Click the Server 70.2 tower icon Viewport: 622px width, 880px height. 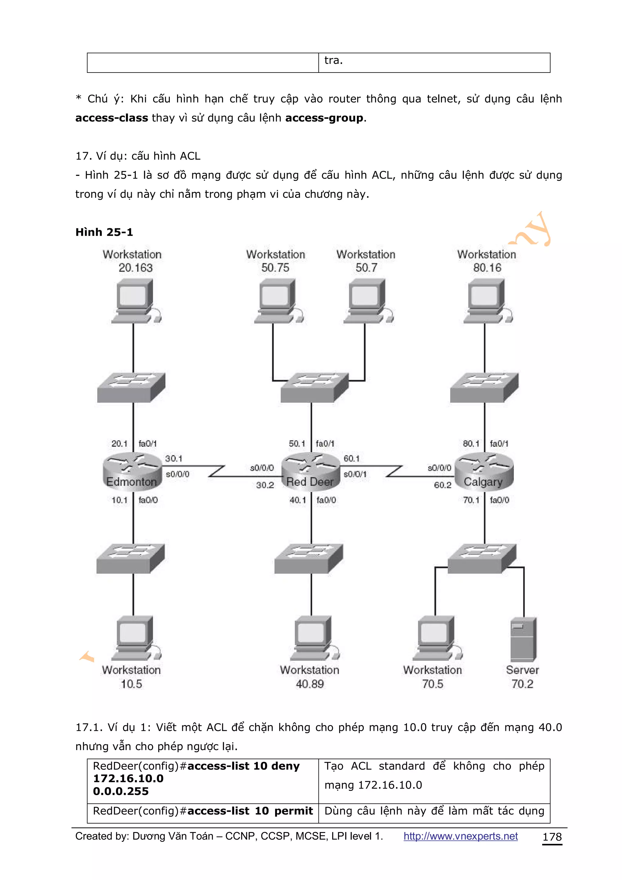tap(523, 639)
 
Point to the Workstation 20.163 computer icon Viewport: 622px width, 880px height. tap(135, 301)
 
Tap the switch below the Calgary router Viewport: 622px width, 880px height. tap(482, 558)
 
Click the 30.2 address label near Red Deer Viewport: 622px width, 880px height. tap(265, 485)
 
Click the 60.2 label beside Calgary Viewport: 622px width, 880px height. tap(442, 485)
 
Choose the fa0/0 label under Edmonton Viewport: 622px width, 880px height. tap(148, 500)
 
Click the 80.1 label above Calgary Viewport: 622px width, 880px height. tap(471, 444)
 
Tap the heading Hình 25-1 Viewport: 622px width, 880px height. tap(104, 232)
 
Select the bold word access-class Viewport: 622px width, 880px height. tap(111, 118)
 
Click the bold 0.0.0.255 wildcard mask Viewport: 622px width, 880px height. tap(121, 791)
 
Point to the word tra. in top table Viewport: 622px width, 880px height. tap(333, 60)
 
